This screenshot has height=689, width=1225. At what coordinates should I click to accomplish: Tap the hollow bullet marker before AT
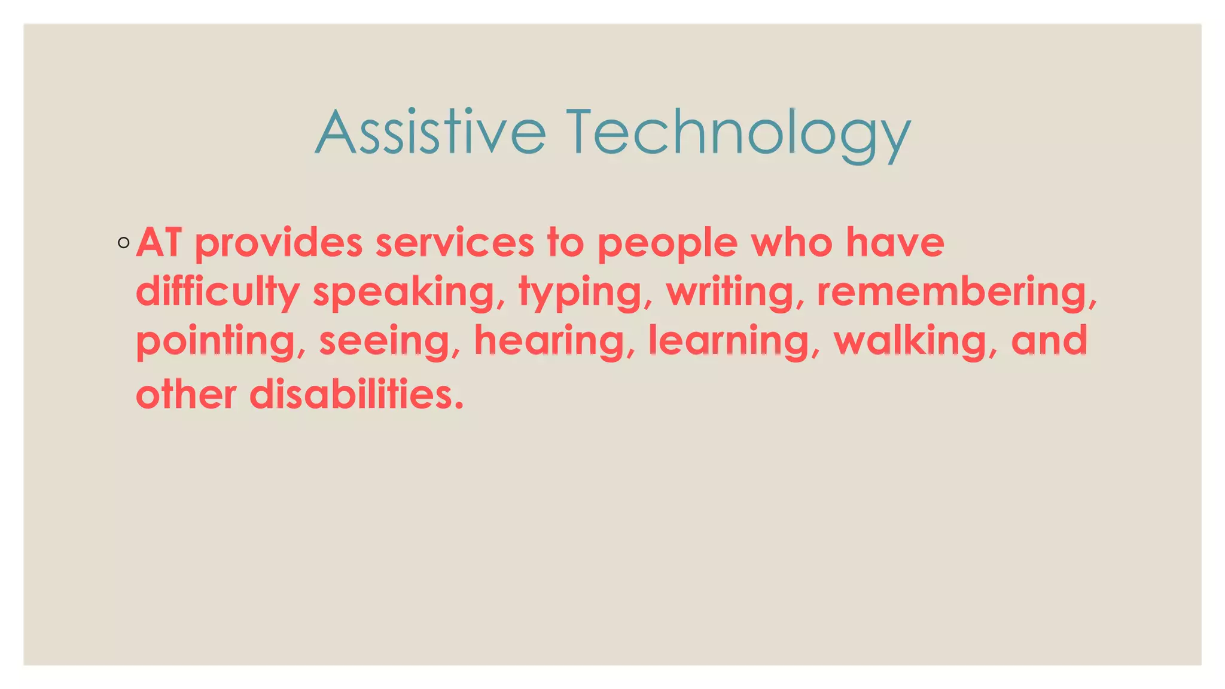click(x=124, y=243)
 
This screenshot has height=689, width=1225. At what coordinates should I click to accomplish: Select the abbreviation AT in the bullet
click(x=159, y=243)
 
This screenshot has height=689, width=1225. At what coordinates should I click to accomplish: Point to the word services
click(x=455, y=243)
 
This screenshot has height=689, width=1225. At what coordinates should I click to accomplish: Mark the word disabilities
click(x=355, y=395)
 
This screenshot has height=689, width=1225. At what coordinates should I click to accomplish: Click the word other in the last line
click(x=186, y=395)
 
